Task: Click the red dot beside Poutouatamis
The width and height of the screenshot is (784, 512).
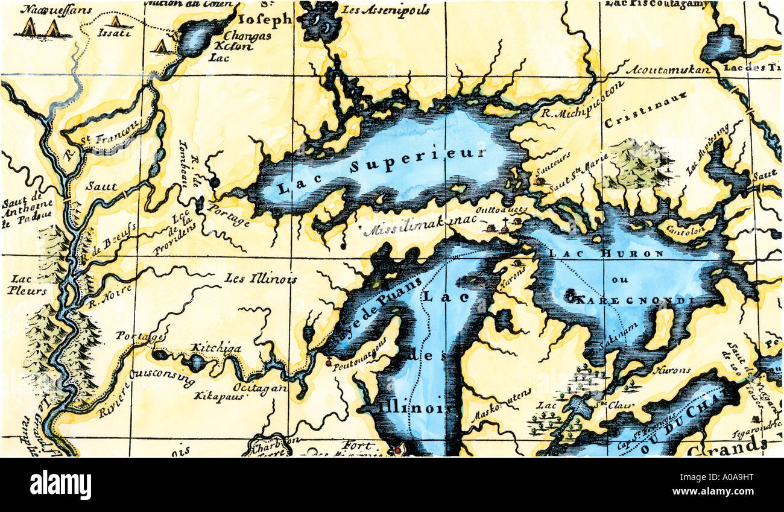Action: coord(328,363)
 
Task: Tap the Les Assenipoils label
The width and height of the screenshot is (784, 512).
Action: coord(385,10)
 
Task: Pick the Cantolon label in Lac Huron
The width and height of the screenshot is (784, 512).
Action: coord(679,229)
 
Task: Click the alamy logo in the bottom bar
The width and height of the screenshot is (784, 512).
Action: coord(60,485)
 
